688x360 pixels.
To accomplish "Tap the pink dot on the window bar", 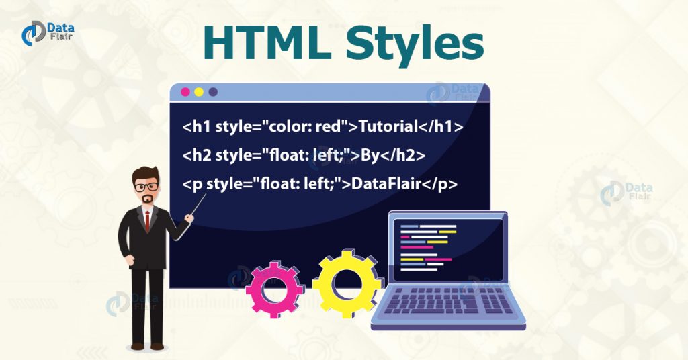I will coord(185,92).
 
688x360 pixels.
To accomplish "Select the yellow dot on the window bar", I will coord(199,92).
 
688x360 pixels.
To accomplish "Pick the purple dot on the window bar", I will coord(213,92).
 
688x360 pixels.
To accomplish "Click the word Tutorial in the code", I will coord(391,126).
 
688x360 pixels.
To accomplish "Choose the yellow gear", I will coord(347,283).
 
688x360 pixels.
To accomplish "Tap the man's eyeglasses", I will coord(146,185).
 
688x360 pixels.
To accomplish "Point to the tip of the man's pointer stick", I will coord(206,195).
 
